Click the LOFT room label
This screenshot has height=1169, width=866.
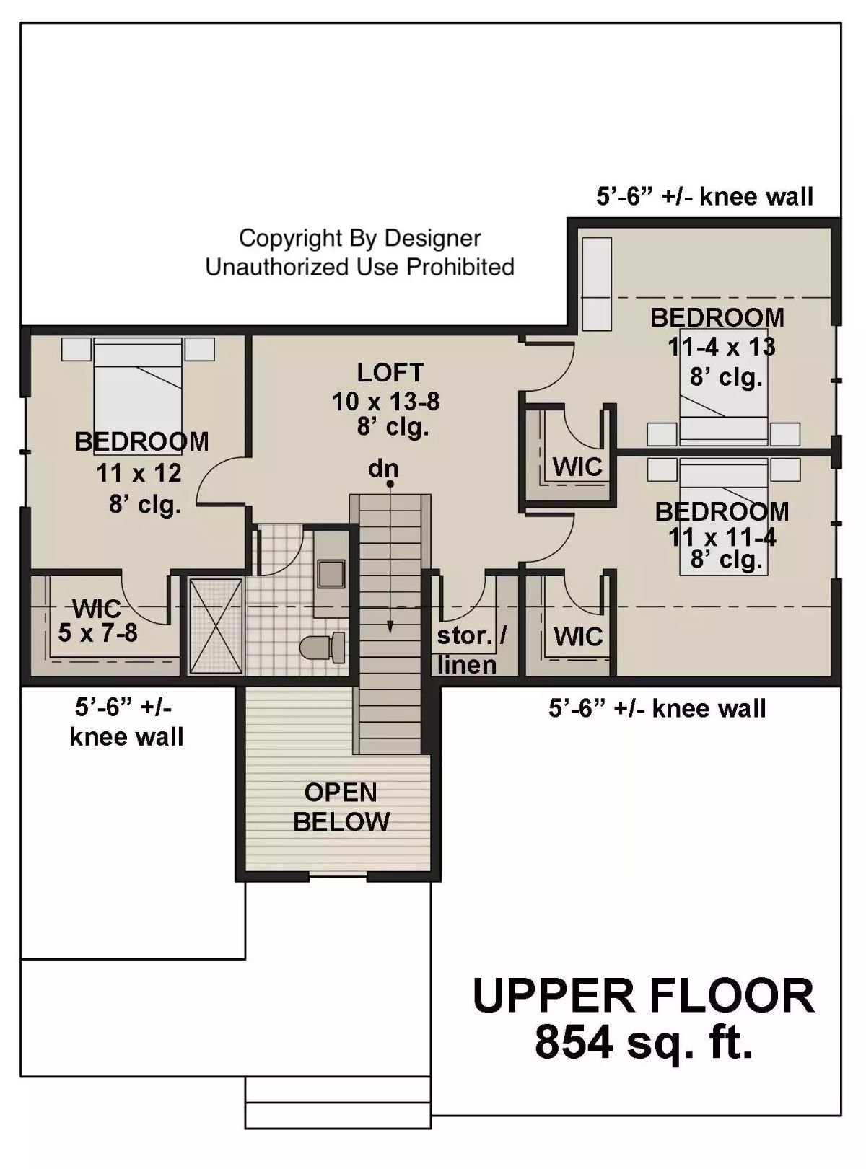(390, 373)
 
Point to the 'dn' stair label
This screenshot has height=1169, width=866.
(383, 469)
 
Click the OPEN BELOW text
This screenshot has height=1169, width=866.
(341, 807)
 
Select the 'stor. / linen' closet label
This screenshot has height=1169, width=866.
(471, 650)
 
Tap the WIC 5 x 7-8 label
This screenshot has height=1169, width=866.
(97, 621)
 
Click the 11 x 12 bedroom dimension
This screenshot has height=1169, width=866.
(139, 474)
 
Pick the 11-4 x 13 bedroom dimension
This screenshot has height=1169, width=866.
(721, 347)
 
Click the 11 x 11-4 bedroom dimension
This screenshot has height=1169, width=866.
(722, 537)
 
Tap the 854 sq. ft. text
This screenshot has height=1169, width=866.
(644, 1043)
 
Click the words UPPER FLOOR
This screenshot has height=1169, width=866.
(643, 996)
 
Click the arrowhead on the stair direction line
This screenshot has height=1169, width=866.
(390, 627)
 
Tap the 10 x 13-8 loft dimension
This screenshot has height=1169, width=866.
(385, 402)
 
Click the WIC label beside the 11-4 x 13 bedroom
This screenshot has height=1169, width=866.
(577, 467)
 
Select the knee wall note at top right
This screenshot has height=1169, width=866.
(704, 196)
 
